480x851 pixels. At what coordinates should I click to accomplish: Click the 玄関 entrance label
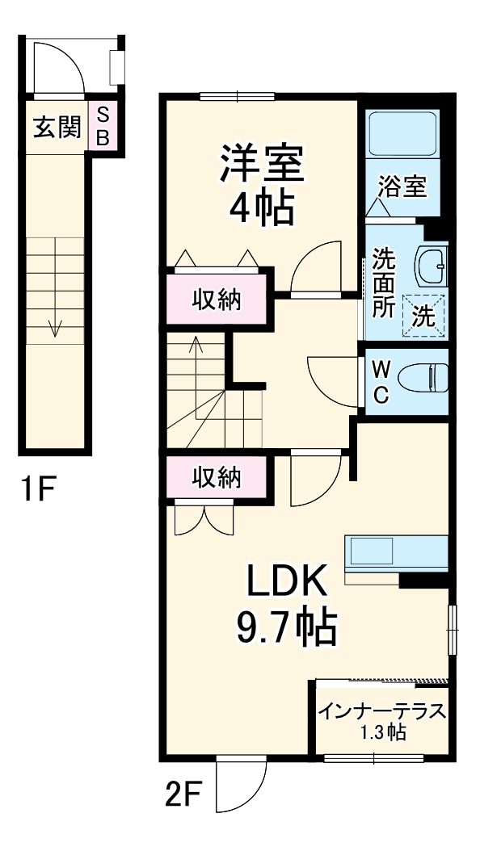[57, 127]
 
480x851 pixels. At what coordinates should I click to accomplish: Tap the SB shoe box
[103, 127]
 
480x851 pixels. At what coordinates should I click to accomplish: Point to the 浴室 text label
[402, 187]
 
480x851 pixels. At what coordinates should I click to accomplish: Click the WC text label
[382, 381]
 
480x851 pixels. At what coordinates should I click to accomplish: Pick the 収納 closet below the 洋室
[216, 300]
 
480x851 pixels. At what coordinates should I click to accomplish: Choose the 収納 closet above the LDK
[216, 478]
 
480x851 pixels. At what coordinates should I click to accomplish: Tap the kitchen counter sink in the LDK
[370, 553]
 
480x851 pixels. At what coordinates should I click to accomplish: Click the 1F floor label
[39, 488]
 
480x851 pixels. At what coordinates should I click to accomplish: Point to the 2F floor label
[183, 795]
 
